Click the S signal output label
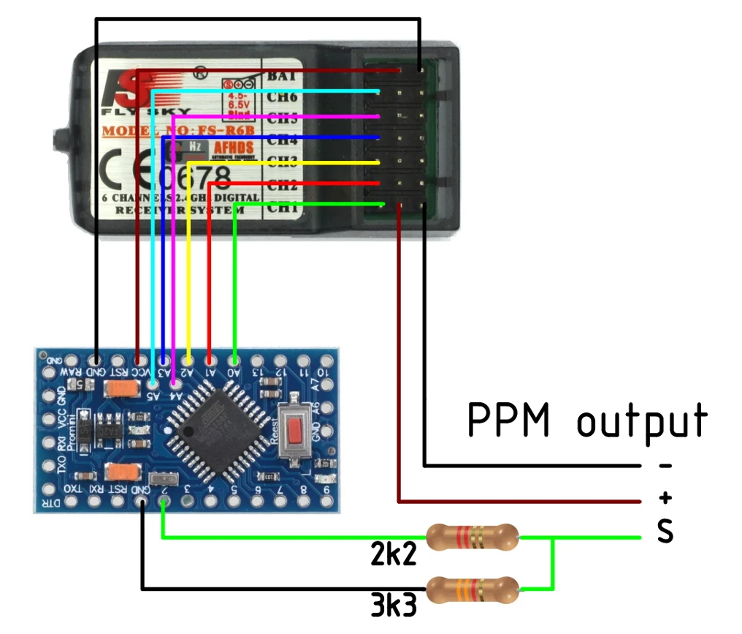click(664, 532)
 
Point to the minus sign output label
click(665, 466)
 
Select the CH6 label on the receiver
click(282, 97)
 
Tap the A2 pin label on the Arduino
click(188, 372)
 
